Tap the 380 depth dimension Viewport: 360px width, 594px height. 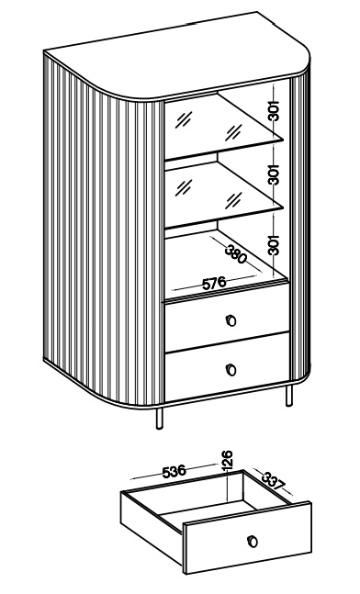pyautogui.click(x=236, y=253)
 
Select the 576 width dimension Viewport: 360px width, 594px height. pyautogui.click(x=214, y=283)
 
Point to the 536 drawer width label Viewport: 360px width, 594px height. pyautogui.click(x=174, y=471)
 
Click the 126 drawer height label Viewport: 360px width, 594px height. pyautogui.click(x=227, y=460)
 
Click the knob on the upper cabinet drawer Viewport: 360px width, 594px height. pyautogui.click(x=231, y=320)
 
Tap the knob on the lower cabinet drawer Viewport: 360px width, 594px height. pyautogui.click(x=231, y=369)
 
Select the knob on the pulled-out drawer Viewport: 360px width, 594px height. pyautogui.click(x=252, y=541)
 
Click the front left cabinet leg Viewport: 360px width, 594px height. pyautogui.click(x=160, y=419)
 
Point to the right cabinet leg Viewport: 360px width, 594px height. pyautogui.click(x=288, y=396)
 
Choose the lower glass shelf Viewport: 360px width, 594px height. pyautogui.click(x=223, y=193)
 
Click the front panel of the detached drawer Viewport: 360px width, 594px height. pyautogui.click(x=247, y=538)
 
